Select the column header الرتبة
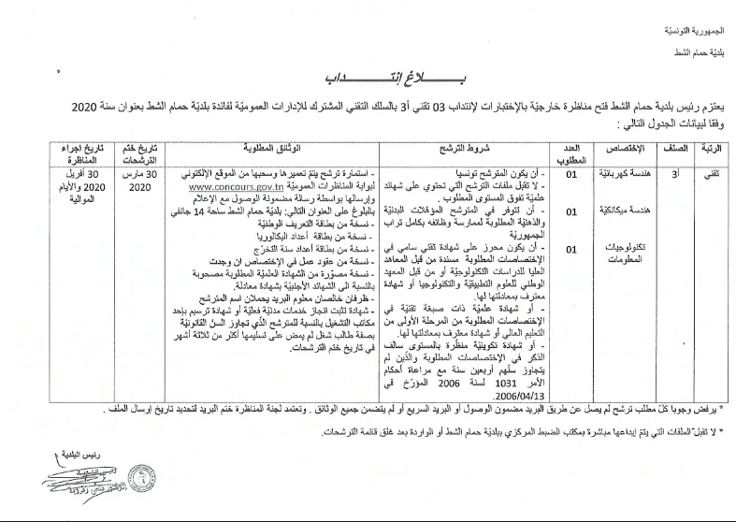point(714,150)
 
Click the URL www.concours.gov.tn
point(227,186)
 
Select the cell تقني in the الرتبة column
point(714,175)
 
